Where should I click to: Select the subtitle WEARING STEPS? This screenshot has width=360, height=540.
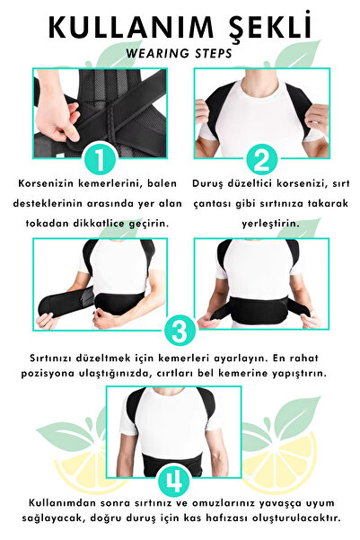tap(179, 52)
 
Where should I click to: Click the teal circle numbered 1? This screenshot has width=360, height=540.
tap(102, 160)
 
